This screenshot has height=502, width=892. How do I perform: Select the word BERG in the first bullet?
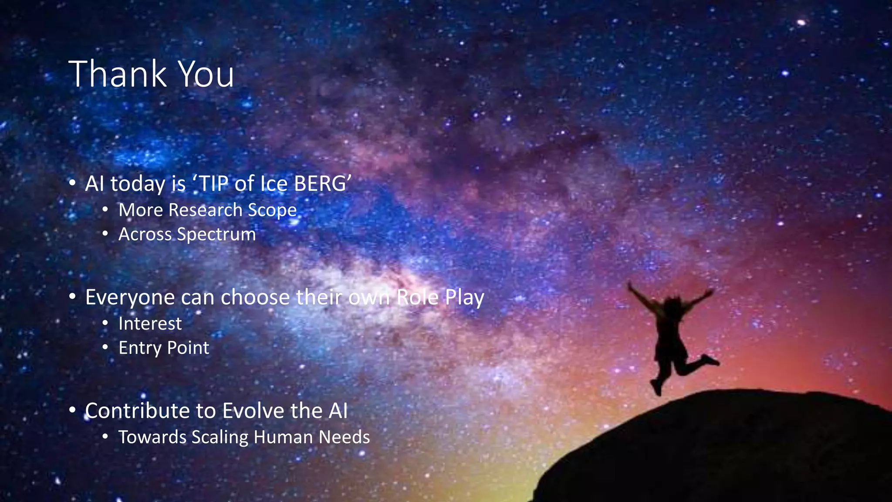(323, 183)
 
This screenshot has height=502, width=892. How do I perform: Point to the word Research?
(205, 210)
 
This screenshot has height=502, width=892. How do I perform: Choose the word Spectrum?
(216, 235)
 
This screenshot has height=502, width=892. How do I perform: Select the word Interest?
(150, 324)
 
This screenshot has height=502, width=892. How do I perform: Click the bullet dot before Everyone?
(73, 297)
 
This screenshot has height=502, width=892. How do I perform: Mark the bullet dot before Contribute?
(73, 410)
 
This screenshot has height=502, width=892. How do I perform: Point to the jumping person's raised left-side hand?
(630, 285)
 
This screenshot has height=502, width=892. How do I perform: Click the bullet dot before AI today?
(73, 183)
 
